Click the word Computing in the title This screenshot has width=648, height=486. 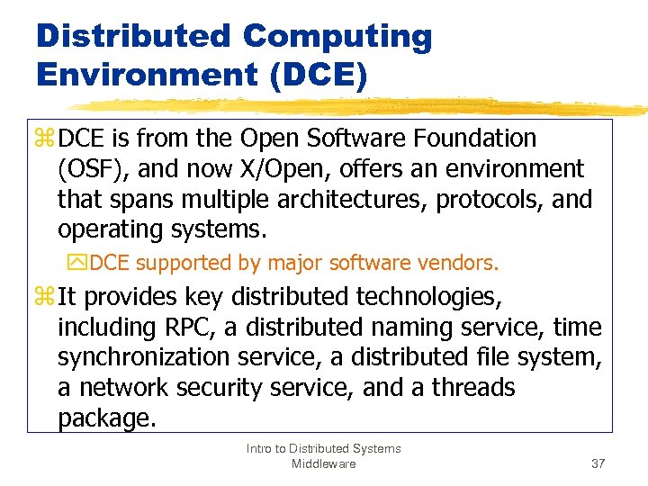tap(337, 38)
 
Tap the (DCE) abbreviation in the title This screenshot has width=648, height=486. tap(317, 74)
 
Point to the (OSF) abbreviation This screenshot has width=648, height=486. tap(88, 169)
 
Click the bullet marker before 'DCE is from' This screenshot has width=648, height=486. tap(45, 139)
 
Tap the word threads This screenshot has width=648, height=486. tap(472, 388)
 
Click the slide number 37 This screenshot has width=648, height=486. tap(598, 463)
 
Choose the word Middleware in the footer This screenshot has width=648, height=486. tap(323, 463)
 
